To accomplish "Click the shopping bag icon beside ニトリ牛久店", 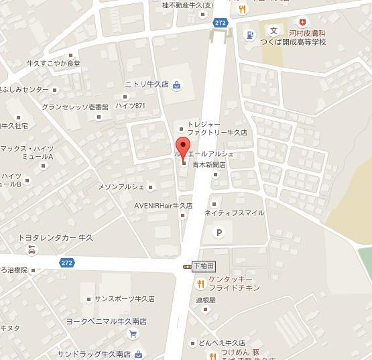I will point(176,84).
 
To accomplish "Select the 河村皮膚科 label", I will point(308,32).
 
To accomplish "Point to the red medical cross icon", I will point(305,22).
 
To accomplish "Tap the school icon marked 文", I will point(273,30).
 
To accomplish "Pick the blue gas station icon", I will point(250,35).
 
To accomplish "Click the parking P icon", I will point(218,233).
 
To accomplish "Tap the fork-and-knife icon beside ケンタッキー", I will point(200,283).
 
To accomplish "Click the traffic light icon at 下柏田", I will point(187,266).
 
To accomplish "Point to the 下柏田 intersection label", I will point(202,266).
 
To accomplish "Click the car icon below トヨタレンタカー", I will point(32,250).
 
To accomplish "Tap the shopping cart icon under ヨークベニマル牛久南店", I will point(133,334).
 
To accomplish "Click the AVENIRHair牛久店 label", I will point(163,206).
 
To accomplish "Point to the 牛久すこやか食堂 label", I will point(53,64).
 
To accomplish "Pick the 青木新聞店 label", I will point(209,164).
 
